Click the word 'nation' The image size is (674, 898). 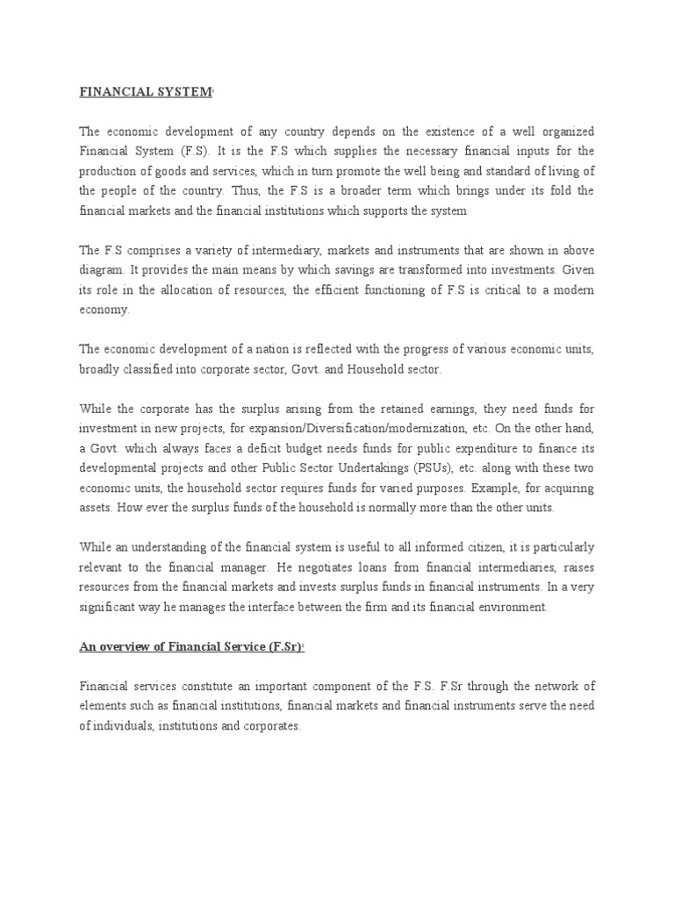coord(246,349)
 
